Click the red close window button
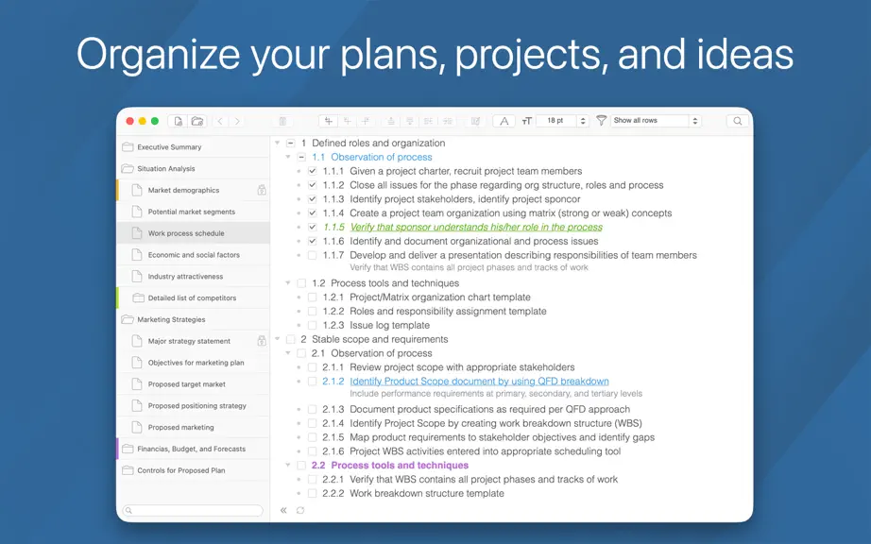pos(130,121)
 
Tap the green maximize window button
pos(155,121)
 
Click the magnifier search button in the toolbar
pos(737,121)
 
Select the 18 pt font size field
pos(556,121)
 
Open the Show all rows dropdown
pos(656,121)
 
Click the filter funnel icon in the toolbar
pos(601,121)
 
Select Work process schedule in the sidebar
pos(186,233)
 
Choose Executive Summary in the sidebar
pos(169,147)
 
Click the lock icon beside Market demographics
pos(262,190)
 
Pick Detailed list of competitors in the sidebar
pos(192,298)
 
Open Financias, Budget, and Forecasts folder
pos(191,449)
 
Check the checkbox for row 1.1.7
pos(312,255)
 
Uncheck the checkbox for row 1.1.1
pos(312,171)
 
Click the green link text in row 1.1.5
pos(476,227)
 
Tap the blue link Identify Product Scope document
pos(479,382)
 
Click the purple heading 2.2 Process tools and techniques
pos(390,466)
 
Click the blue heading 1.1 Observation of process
pos(371,157)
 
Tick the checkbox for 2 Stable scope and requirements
pos(291,339)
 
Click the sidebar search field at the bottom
pos(193,510)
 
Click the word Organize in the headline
pos(159,55)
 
